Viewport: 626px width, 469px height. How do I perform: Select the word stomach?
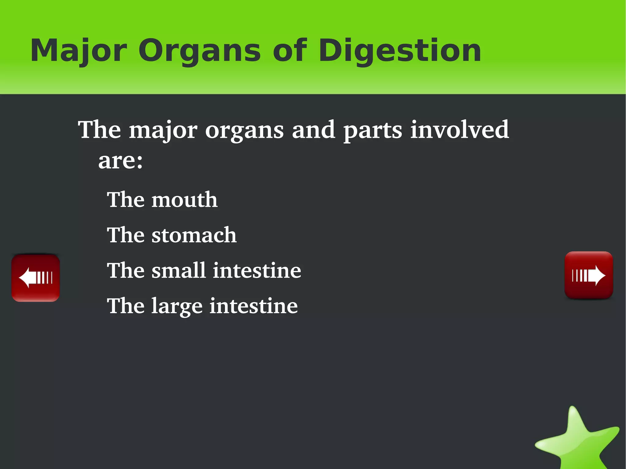[194, 235]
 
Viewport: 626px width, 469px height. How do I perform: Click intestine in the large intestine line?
[253, 306]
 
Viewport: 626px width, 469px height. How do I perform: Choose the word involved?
[459, 130]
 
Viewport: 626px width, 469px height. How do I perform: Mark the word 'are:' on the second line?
[120, 161]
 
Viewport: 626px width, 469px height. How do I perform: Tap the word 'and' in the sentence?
[313, 130]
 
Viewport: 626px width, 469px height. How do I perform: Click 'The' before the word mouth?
[125, 200]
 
